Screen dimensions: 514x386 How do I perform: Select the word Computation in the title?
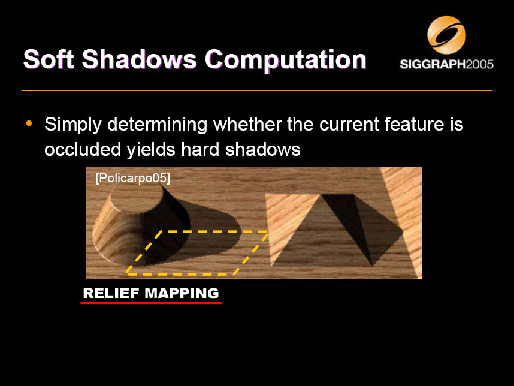(285, 60)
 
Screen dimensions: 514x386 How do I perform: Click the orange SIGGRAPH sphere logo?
(446, 35)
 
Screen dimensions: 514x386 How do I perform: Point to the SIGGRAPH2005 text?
(446, 64)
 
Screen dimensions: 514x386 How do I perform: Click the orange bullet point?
(29, 123)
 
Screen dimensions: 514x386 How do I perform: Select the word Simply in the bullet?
(73, 125)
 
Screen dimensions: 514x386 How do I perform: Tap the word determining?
(158, 125)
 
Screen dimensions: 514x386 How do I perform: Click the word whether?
(247, 124)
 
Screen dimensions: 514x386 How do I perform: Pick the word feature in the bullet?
(414, 124)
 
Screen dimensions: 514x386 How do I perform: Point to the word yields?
(151, 150)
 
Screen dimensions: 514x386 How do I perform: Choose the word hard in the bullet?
(200, 149)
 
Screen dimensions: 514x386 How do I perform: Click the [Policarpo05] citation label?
(133, 178)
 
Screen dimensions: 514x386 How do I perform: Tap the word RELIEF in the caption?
(111, 294)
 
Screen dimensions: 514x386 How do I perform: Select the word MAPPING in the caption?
(182, 294)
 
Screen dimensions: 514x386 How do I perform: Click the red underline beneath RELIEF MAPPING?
(151, 303)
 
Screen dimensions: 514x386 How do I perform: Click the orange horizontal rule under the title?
(257, 90)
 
